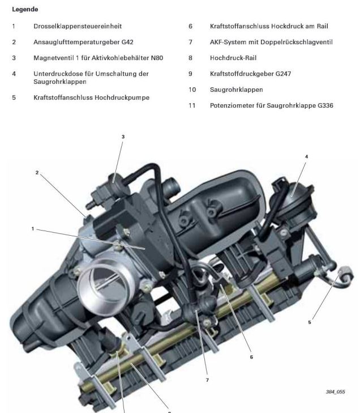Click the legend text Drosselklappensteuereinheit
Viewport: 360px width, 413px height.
pos(77,26)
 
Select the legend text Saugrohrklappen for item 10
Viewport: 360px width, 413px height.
pos(236,90)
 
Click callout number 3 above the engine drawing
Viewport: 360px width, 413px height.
pos(123,137)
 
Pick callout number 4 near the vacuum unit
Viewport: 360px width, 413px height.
pos(306,156)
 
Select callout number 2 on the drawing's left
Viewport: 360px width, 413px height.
pos(37,173)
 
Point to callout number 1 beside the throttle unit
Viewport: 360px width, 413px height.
pos(33,229)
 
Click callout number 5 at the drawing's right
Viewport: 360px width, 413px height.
pos(310,322)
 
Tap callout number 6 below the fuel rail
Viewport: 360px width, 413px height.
pos(251,357)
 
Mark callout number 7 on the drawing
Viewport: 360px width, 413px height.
pos(207,381)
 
